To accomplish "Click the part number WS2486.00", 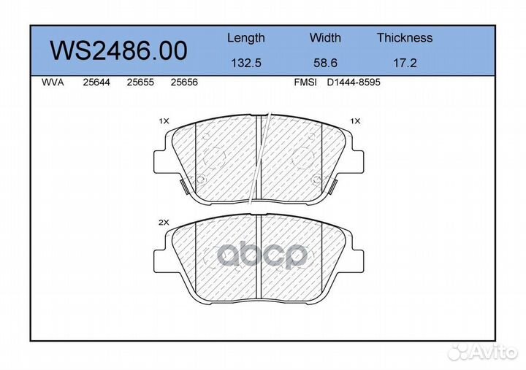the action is tap(118, 50).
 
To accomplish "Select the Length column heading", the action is tap(246, 38).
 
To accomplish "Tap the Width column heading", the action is tap(325, 37).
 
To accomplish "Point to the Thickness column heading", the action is tap(405, 37).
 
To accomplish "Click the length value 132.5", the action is tap(246, 63).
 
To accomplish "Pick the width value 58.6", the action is tap(325, 63).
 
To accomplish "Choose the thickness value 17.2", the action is tap(405, 63).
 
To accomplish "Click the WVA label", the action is tap(53, 82).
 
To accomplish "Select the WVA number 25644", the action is tap(96, 82).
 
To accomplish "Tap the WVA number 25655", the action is tap(140, 82).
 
